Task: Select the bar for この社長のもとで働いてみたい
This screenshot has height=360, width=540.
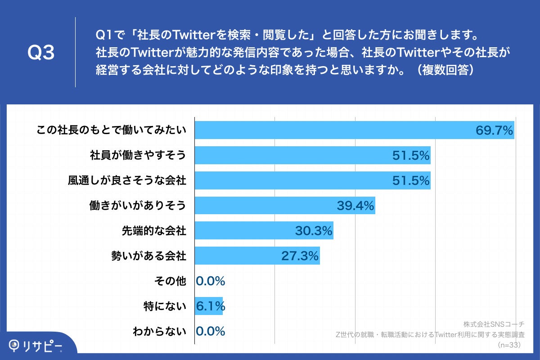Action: coord(333,130)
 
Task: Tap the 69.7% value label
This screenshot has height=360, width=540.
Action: coord(494,131)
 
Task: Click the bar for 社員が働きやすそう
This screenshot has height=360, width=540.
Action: coord(292,155)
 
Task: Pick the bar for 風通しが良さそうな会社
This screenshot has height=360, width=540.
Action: coord(292,180)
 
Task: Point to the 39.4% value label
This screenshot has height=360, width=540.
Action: coord(355,206)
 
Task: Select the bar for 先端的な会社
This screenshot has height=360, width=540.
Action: coord(243,231)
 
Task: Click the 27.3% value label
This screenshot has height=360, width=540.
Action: coord(300,256)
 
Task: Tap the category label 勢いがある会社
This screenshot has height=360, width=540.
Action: coord(148,256)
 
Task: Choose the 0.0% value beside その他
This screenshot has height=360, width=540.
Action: coord(211,281)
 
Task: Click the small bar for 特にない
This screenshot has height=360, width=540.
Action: coord(208,306)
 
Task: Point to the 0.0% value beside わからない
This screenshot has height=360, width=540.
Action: coord(211,332)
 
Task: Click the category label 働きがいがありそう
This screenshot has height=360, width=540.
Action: coord(138,206)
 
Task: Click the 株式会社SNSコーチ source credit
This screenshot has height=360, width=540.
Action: coord(494,324)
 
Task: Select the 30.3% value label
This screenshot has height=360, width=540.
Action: coord(314,231)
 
